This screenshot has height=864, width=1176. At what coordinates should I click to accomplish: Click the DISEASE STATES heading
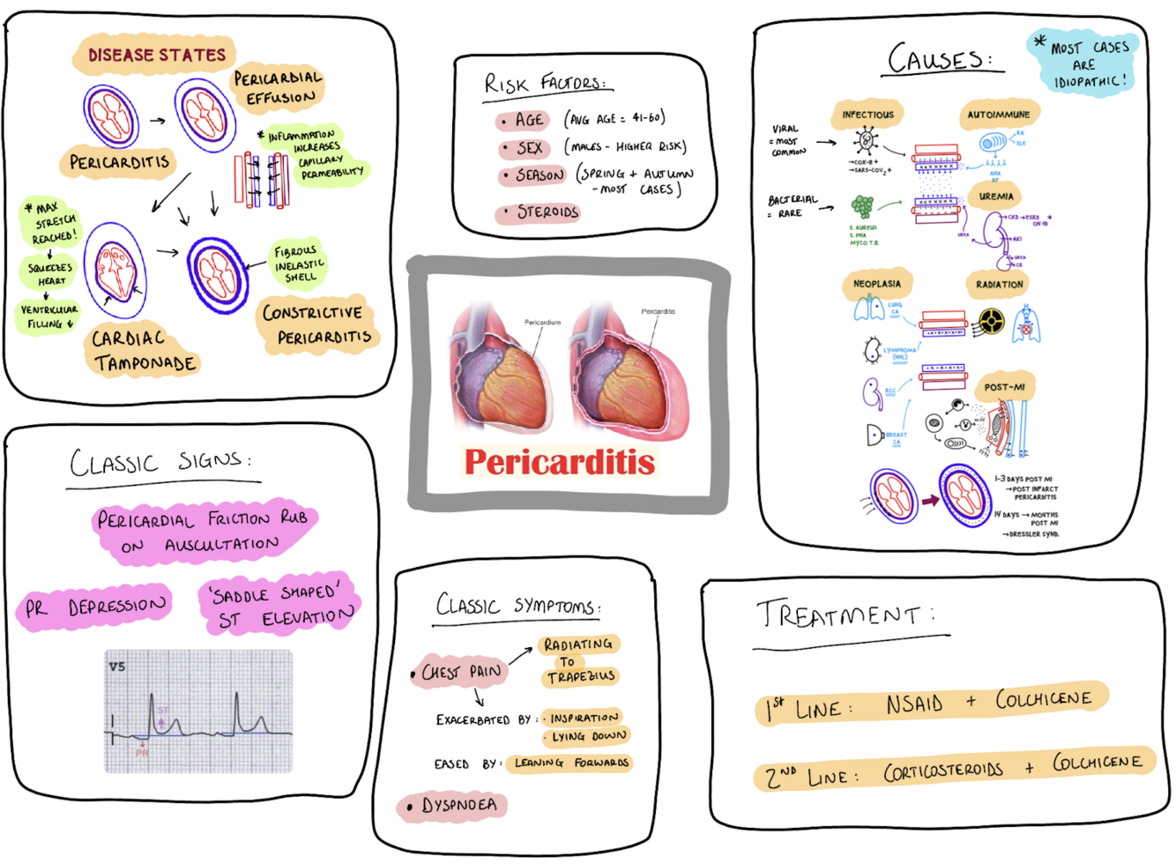156,55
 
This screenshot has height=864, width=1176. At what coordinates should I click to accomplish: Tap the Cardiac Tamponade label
144,351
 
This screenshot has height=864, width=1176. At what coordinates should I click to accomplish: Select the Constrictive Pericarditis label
317,324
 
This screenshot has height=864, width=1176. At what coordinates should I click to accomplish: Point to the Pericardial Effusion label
279,87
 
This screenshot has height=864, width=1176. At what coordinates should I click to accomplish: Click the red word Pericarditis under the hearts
560,461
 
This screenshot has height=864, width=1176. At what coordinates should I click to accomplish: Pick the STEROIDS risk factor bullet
545,212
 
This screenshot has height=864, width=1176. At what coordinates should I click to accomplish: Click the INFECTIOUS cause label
867,115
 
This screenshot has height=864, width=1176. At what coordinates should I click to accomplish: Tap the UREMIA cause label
996,196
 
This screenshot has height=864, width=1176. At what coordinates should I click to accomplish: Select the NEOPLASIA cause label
876,284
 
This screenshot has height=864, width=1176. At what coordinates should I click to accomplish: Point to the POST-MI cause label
1004,387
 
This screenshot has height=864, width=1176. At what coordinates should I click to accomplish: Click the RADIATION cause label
999,284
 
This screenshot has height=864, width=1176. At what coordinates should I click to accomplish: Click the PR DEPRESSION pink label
95,607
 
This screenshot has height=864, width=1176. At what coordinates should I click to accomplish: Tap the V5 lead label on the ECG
117,667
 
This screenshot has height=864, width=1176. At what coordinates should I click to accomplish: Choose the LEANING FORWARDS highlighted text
571,763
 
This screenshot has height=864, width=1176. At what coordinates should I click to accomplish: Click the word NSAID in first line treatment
914,704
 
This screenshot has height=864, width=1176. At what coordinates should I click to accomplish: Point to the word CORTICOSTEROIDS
943,771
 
